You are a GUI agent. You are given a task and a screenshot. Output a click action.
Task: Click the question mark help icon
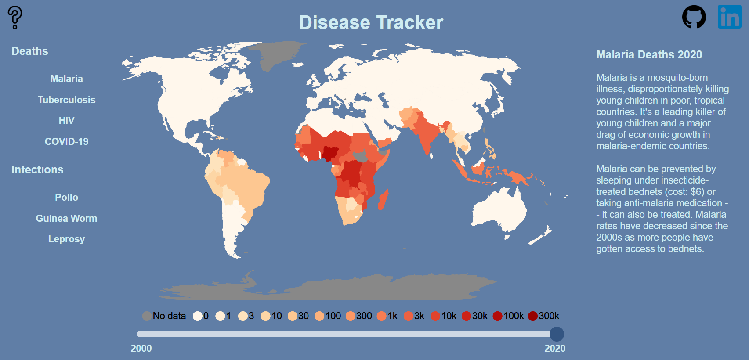pyautogui.click(x=15, y=18)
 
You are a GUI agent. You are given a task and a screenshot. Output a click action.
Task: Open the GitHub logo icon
pyautogui.click(x=694, y=17)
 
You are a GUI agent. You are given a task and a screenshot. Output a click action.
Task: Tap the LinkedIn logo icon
pyautogui.click(x=729, y=17)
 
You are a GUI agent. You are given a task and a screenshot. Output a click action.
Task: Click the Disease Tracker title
pyautogui.click(x=371, y=23)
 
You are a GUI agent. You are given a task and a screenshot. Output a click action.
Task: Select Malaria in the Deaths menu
pyautogui.click(x=66, y=79)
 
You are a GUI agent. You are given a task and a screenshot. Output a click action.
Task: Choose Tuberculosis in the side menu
pyautogui.click(x=66, y=100)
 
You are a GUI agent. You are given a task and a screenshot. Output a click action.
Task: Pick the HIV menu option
pyautogui.click(x=66, y=121)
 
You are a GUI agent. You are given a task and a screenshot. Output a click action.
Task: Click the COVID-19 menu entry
pyautogui.click(x=66, y=142)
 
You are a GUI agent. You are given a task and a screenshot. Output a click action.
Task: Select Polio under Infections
pyautogui.click(x=66, y=198)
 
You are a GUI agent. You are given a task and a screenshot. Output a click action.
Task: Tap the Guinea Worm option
pyautogui.click(x=66, y=219)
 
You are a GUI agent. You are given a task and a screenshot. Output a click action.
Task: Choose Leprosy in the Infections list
pyautogui.click(x=66, y=239)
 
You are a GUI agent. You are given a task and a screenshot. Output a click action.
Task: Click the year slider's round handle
pyautogui.click(x=557, y=334)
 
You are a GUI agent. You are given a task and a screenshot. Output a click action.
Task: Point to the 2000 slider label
pyautogui.click(x=141, y=349)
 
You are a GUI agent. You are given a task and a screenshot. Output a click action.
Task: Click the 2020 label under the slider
pyautogui.click(x=555, y=349)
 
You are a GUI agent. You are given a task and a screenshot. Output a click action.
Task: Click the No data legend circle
pyautogui.click(x=147, y=316)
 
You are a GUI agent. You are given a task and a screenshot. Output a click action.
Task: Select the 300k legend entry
pyautogui.click(x=533, y=316)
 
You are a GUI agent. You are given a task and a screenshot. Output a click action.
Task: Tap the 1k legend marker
pyautogui.click(x=382, y=316)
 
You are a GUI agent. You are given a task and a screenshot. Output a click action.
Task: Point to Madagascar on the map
pyautogui.click(x=383, y=200)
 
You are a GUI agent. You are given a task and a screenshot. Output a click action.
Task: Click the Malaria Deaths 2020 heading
pyautogui.click(x=649, y=55)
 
